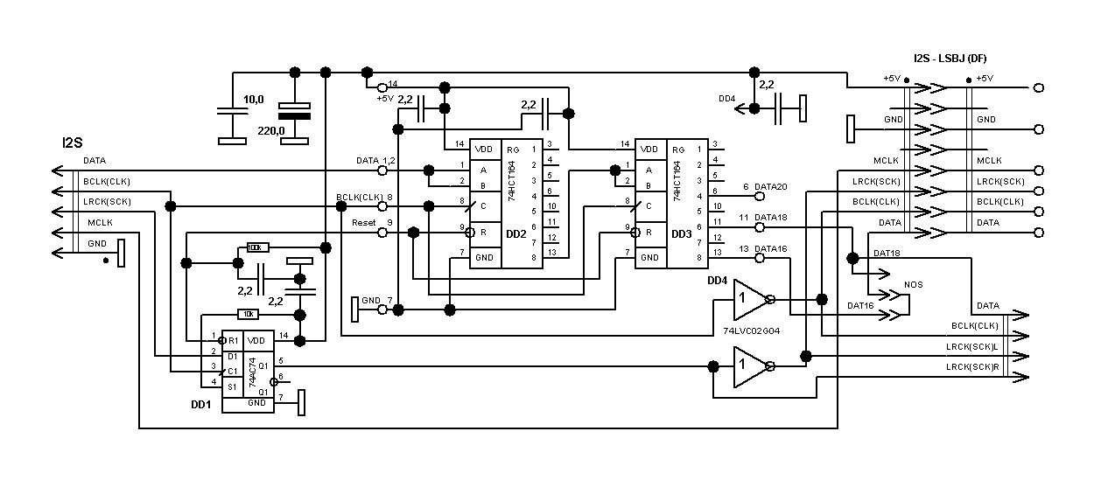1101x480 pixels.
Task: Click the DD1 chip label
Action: click(x=202, y=405)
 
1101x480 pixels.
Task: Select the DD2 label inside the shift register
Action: click(x=516, y=233)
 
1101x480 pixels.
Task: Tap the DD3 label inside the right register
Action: click(x=681, y=234)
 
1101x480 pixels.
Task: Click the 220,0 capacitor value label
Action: click(x=270, y=131)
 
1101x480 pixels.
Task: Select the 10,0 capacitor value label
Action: click(x=254, y=101)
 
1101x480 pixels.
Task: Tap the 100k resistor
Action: click(x=259, y=247)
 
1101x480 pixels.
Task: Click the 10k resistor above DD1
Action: click(x=249, y=314)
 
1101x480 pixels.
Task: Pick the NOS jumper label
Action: click(x=912, y=286)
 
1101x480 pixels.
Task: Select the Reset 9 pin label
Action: click(x=372, y=223)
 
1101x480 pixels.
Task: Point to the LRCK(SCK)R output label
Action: click(x=972, y=367)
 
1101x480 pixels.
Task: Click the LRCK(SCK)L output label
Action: click(x=972, y=347)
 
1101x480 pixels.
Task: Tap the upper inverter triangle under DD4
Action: click(x=748, y=298)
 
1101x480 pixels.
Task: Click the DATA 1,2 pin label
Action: click(x=375, y=161)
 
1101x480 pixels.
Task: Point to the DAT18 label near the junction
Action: click(x=887, y=253)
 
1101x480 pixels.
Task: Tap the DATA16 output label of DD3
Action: click(x=771, y=249)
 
